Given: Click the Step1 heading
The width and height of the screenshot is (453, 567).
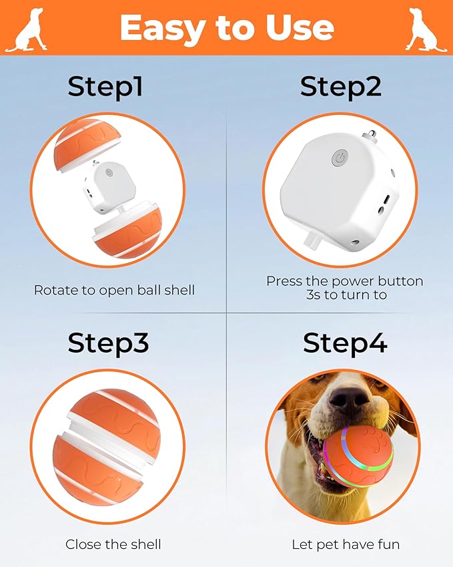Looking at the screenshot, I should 105,87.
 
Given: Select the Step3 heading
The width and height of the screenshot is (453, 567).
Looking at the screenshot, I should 108,343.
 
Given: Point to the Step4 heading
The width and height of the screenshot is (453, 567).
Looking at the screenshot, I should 345,343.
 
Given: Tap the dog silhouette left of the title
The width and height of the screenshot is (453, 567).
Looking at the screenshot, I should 26,31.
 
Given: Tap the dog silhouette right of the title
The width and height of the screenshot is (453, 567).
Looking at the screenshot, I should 426,31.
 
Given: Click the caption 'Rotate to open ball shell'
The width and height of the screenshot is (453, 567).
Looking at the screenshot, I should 114,291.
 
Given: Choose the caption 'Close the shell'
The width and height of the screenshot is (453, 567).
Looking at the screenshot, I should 113,544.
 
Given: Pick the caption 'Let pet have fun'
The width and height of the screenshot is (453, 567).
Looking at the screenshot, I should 346,544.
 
